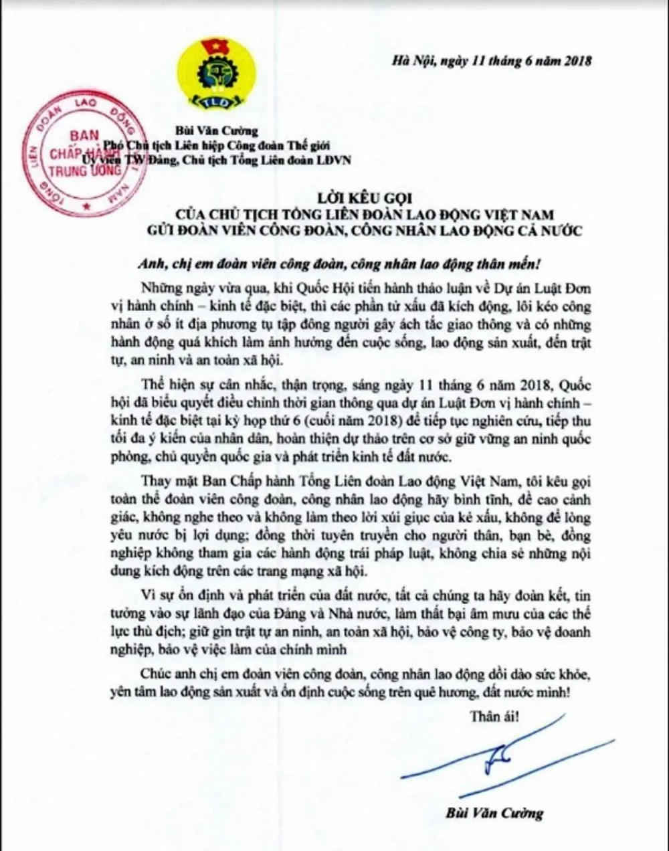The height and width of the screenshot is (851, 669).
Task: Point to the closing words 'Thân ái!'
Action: click(492, 717)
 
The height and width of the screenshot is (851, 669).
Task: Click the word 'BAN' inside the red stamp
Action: click(83, 136)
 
